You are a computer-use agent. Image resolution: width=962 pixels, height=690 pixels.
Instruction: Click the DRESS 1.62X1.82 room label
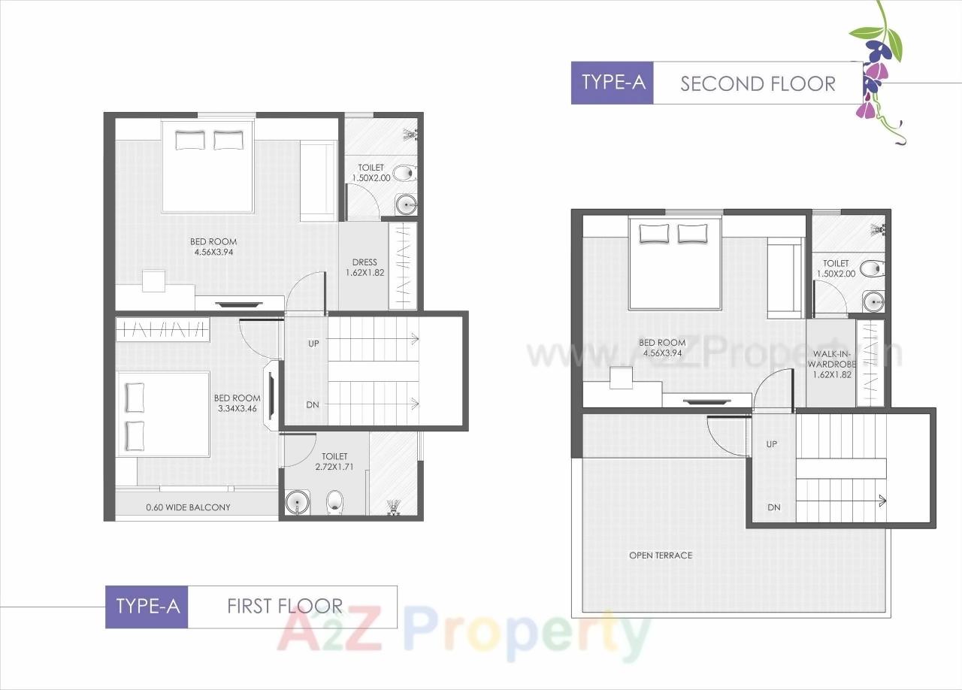click(x=365, y=268)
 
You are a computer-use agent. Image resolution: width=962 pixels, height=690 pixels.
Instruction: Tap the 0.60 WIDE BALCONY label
click(x=188, y=507)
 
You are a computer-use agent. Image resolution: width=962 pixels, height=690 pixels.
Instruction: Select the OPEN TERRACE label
click(x=661, y=555)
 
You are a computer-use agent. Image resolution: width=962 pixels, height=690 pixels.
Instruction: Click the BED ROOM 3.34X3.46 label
click(x=237, y=404)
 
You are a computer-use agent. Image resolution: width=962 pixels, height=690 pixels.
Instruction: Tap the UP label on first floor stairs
click(x=313, y=343)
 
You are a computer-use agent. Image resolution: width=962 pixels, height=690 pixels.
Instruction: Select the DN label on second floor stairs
click(x=773, y=507)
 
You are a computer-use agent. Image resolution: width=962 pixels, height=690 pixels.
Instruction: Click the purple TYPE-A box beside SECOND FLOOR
click(x=613, y=83)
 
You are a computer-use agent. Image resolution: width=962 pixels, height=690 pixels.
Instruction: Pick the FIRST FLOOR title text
click(x=285, y=606)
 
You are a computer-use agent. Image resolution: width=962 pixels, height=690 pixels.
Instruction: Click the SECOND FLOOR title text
click(x=758, y=83)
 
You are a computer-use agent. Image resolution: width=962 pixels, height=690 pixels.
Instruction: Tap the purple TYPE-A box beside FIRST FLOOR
click(x=147, y=607)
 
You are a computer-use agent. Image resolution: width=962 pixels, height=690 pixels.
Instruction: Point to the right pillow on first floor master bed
click(x=228, y=140)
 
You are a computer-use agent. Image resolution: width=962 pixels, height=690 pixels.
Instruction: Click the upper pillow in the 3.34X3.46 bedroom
click(x=135, y=398)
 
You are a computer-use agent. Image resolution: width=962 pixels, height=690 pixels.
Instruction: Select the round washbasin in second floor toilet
click(x=873, y=302)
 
